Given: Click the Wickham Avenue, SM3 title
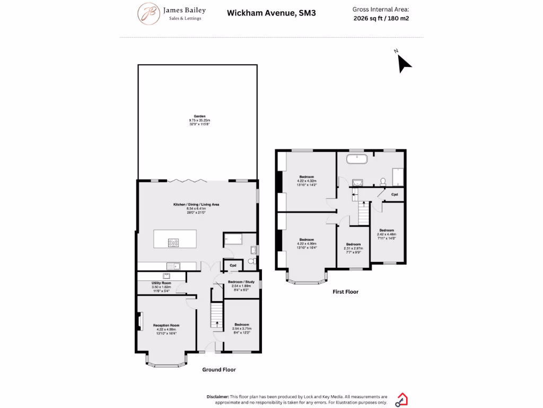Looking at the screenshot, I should pos(271,13).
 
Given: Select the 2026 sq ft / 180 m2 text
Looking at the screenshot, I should pos(381,18).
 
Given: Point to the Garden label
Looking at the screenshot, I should pos(199,116).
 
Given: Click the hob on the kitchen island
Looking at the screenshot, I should pos(174,242).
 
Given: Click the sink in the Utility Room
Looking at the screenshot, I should pos(166,276).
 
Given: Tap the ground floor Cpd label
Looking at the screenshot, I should pos(233,265).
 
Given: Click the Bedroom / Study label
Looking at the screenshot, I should pos(241,282).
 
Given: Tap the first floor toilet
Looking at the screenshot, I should pos(383,181).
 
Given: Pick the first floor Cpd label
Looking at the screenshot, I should pos(394,194).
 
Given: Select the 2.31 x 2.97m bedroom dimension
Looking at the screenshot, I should pos(353,248).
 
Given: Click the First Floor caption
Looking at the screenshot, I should pos(345,292).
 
